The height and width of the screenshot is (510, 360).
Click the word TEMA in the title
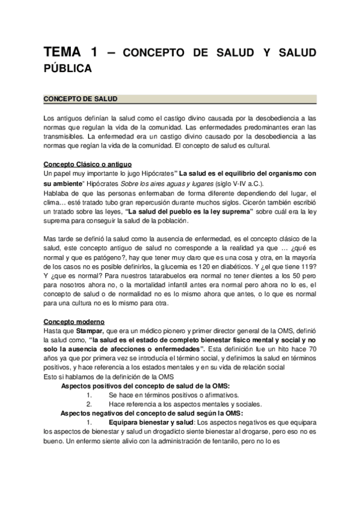point(63,54)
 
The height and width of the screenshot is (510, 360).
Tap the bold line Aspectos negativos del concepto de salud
point(151,416)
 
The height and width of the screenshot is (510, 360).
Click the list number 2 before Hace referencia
point(88,405)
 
